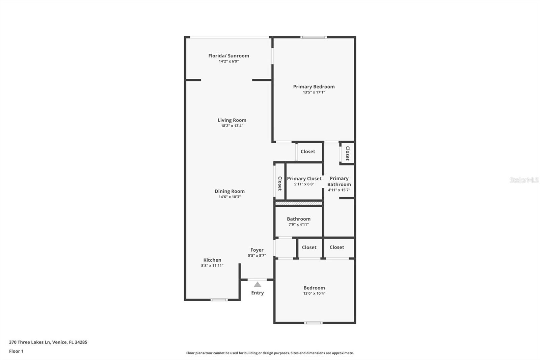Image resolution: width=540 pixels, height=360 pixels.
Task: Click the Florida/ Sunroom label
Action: [x=228, y=56]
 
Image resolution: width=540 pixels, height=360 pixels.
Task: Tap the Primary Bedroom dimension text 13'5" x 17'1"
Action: [x=314, y=92]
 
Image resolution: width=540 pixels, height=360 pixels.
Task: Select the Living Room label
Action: [x=232, y=120]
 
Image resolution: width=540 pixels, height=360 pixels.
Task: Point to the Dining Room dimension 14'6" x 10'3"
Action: [x=230, y=197]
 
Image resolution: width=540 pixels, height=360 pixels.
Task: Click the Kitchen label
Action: [x=212, y=260]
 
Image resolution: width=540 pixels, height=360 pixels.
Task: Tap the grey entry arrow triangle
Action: [x=258, y=284]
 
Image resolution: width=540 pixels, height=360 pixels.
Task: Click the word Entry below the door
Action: [x=257, y=293]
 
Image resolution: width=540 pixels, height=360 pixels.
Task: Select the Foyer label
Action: [x=257, y=250]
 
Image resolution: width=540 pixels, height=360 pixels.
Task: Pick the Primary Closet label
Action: [x=304, y=179]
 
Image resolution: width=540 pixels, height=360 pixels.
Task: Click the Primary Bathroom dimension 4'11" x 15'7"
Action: [x=339, y=190]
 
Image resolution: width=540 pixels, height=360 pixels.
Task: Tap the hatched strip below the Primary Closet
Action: [x=298, y=203]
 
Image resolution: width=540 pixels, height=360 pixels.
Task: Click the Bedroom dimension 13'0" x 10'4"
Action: [x=314, y=293]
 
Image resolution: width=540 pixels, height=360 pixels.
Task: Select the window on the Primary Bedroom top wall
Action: [x=314, y=37]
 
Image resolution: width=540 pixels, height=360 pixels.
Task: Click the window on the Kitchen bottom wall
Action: [x=219, y=300]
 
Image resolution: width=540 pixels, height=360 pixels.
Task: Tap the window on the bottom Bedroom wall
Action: [x=313, y=323]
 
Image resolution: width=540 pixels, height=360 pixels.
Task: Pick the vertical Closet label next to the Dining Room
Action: [x=280, y=183]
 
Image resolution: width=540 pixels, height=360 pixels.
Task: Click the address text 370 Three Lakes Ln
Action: [x=30, y=342]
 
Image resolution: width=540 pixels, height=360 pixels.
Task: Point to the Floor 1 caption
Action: [x=16, y=351]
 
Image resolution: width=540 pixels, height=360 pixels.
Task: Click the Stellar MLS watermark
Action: [x=524, y=180]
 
